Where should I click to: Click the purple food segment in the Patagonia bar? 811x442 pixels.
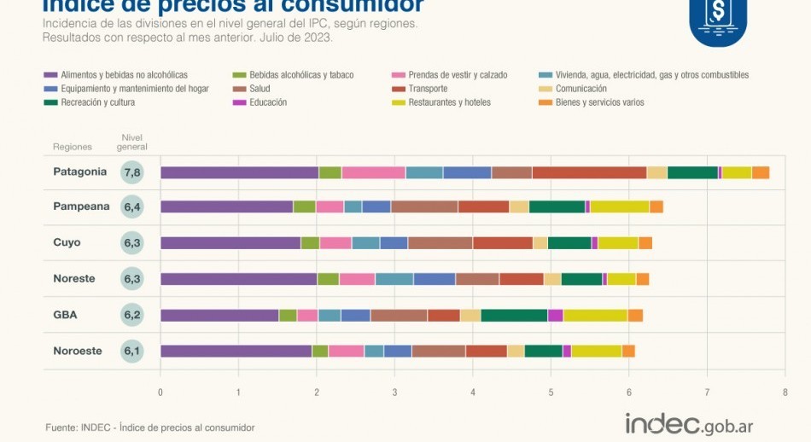click(x=239, y=172)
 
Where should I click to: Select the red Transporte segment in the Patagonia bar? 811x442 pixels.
click(x=589, y=172)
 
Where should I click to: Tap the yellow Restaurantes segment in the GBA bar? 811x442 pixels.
click(x=595, y=315)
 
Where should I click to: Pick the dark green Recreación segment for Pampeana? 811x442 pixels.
click(x=557, y=206)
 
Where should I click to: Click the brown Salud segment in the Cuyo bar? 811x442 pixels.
click(x=440, y=243)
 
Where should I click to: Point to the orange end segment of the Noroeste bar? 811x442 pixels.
click(x=628, y=351)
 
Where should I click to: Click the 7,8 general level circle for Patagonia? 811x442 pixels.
click(x=132, y=172)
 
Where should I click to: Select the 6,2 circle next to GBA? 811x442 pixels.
click(x=132, y=315)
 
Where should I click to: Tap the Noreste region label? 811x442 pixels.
click(x=74, y=279)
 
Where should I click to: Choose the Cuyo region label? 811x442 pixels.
click(x=67, y=243)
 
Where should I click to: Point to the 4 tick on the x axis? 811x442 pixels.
click(x=473, y=392)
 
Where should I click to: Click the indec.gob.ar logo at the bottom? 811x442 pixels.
click(x=689, y=423)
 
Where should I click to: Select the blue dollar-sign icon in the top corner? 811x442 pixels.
click(x=717, y=19)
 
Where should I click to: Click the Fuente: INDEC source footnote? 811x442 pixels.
click(x=150, y=427)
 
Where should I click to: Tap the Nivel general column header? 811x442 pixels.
click(x=132, y=142)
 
